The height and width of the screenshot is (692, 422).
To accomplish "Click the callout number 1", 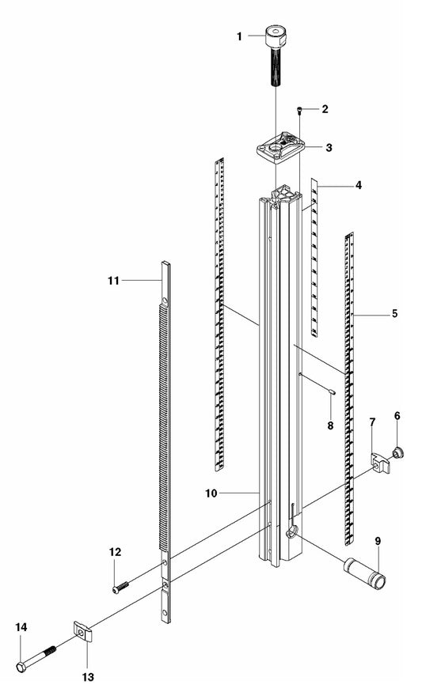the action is pyautogui.click(x=239, y=36).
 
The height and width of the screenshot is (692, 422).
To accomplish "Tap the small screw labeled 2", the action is pyautogui.click(x=299, y=110).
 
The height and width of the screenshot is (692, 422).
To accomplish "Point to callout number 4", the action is pyautogui.click(x=359, y=185).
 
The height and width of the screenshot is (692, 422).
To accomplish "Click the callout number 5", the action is pyautogui.click(x=394, y=314).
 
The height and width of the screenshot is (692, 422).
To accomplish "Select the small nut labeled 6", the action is pyautogui.click(x=398, y=453).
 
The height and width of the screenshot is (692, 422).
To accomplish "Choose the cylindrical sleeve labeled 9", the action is pyautogui.click(x=364, y=572).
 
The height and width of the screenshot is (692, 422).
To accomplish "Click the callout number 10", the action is pyautogui.click(x=211, y=493).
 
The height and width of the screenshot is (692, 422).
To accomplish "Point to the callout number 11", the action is pyautogui.click(x=113, y=281).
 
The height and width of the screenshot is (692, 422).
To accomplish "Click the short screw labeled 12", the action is pyautogui.click(x=121, y=587).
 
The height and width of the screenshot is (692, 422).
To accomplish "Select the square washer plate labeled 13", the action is pyautogui.click(x=82, y=633).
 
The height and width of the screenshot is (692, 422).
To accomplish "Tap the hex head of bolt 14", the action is pyautogui.click(x=21, y=667).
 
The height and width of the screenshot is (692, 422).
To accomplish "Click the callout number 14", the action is pyautogui.click(x=21, y=627).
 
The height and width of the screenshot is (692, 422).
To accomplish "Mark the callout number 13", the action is pyautogui.click(x=88, y=676).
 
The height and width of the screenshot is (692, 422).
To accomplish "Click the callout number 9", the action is pyautogui.click(x=378, y=541).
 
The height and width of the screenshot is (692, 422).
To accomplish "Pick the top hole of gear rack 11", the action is pyautogui.click(x=165, y=301).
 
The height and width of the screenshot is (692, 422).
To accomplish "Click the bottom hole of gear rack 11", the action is pyautogui.click(x=165, y=613).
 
